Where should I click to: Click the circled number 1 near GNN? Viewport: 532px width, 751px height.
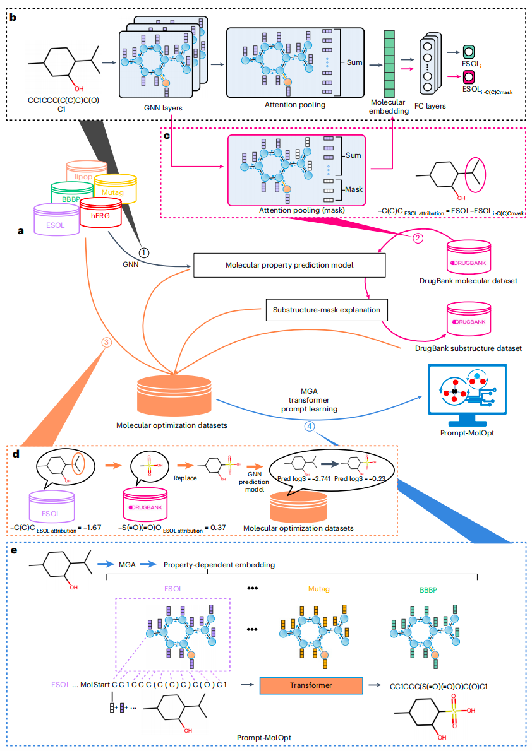pos(144,252)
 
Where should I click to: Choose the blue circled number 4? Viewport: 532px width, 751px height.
pos(309,426)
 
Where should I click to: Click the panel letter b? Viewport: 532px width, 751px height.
pos(13,17)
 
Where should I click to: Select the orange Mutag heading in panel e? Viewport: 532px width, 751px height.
pos(319,589)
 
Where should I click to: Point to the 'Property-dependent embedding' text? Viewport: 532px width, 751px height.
pos(219,565)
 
